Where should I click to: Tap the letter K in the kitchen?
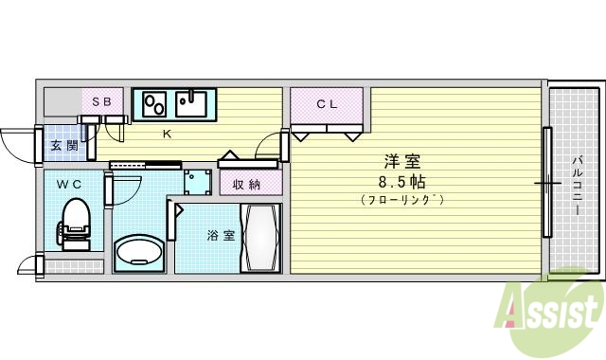pyautogui.click(x=167, y=134)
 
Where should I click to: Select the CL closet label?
pyautogui.click(x=327, y=104)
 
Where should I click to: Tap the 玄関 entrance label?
pyautogui.click(x=64, y=145)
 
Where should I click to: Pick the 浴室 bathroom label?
pyautogui.click(x=222, y=236)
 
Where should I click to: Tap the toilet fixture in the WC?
pyautogui.click(x=74, y=221)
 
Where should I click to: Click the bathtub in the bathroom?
pyautogui.click(x=260, y=237)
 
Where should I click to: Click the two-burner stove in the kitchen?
pyautogui.click(x=154, y=101)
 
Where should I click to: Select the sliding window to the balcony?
pyautogui.click(x=547, y=182)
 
